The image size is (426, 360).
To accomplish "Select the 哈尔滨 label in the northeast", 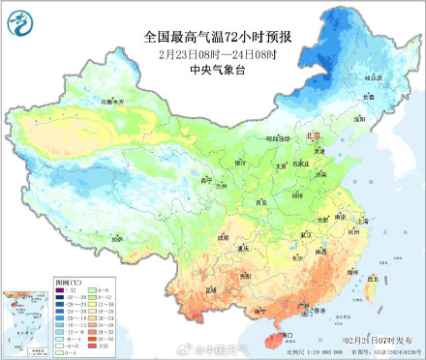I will (x=372, y=76).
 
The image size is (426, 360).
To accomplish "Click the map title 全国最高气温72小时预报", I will (x=218, y=36).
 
